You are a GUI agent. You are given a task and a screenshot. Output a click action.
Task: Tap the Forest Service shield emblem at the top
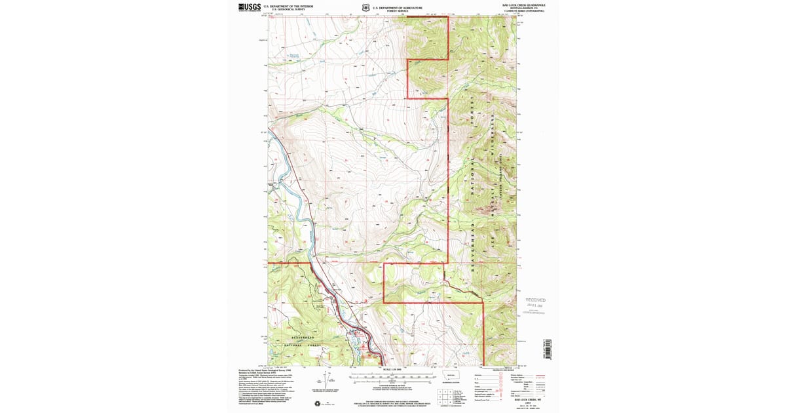[x=365, y=8]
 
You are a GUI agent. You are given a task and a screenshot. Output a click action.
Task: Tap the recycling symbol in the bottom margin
[x=320, y=403]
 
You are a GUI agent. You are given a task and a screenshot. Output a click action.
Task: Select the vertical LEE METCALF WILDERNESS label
[x=490, y=190]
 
